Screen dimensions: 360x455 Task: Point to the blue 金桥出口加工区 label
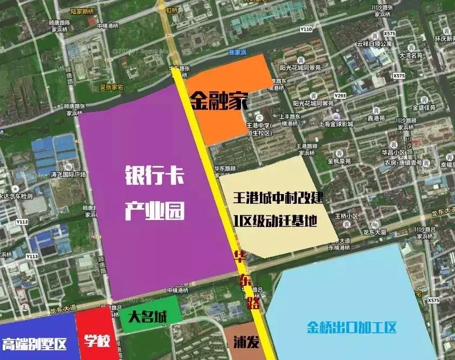tap(352, 328)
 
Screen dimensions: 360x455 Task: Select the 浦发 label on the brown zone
tap(244, 342)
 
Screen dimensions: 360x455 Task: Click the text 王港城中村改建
tap(278, 198)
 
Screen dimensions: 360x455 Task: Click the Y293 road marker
tap(340, 96)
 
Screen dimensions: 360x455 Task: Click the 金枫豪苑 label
tap(339, 161)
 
